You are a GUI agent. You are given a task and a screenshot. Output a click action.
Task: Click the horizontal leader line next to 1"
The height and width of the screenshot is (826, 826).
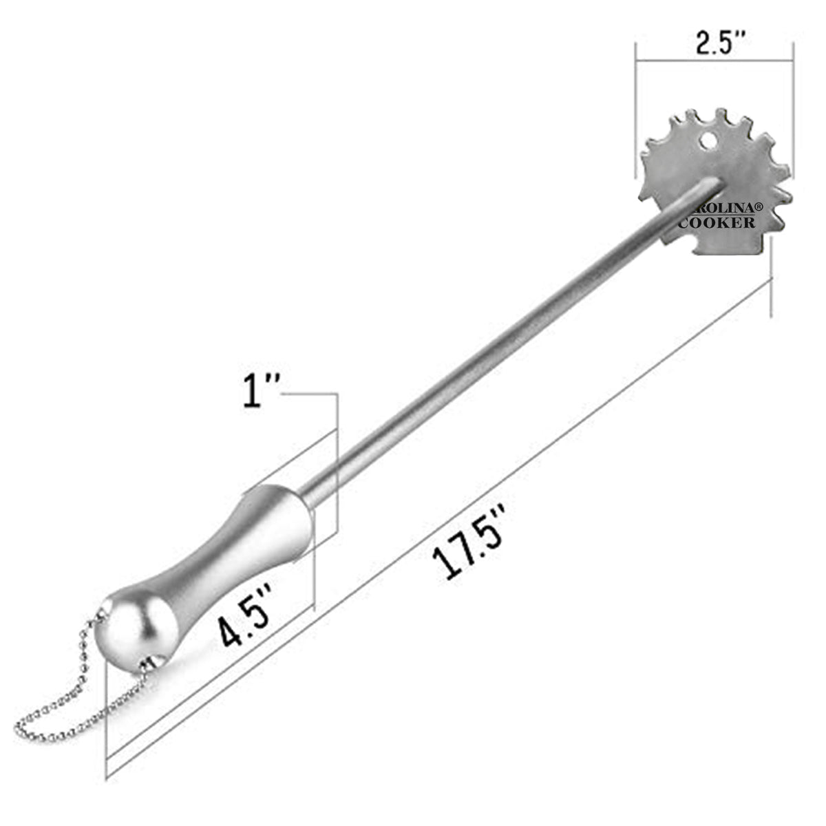coord(310,394)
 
